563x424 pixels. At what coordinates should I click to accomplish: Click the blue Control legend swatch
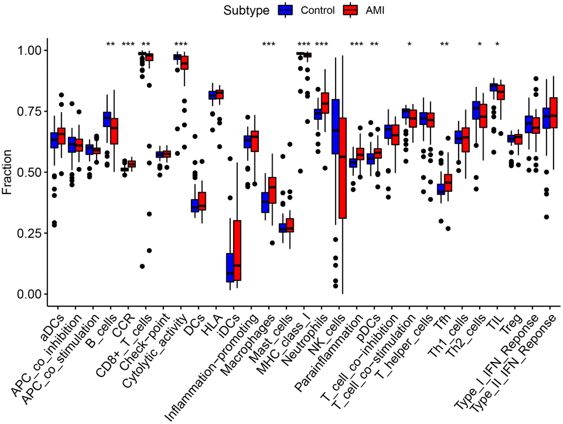[x=285, y=10]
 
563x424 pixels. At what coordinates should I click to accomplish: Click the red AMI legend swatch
[x=351, y=10]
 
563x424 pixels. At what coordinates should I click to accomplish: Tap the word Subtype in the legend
[x=247, y=10]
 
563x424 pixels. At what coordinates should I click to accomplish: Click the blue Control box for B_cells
[x=107, y=119]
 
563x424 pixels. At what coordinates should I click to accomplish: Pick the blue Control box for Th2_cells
[x=476, y=110]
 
